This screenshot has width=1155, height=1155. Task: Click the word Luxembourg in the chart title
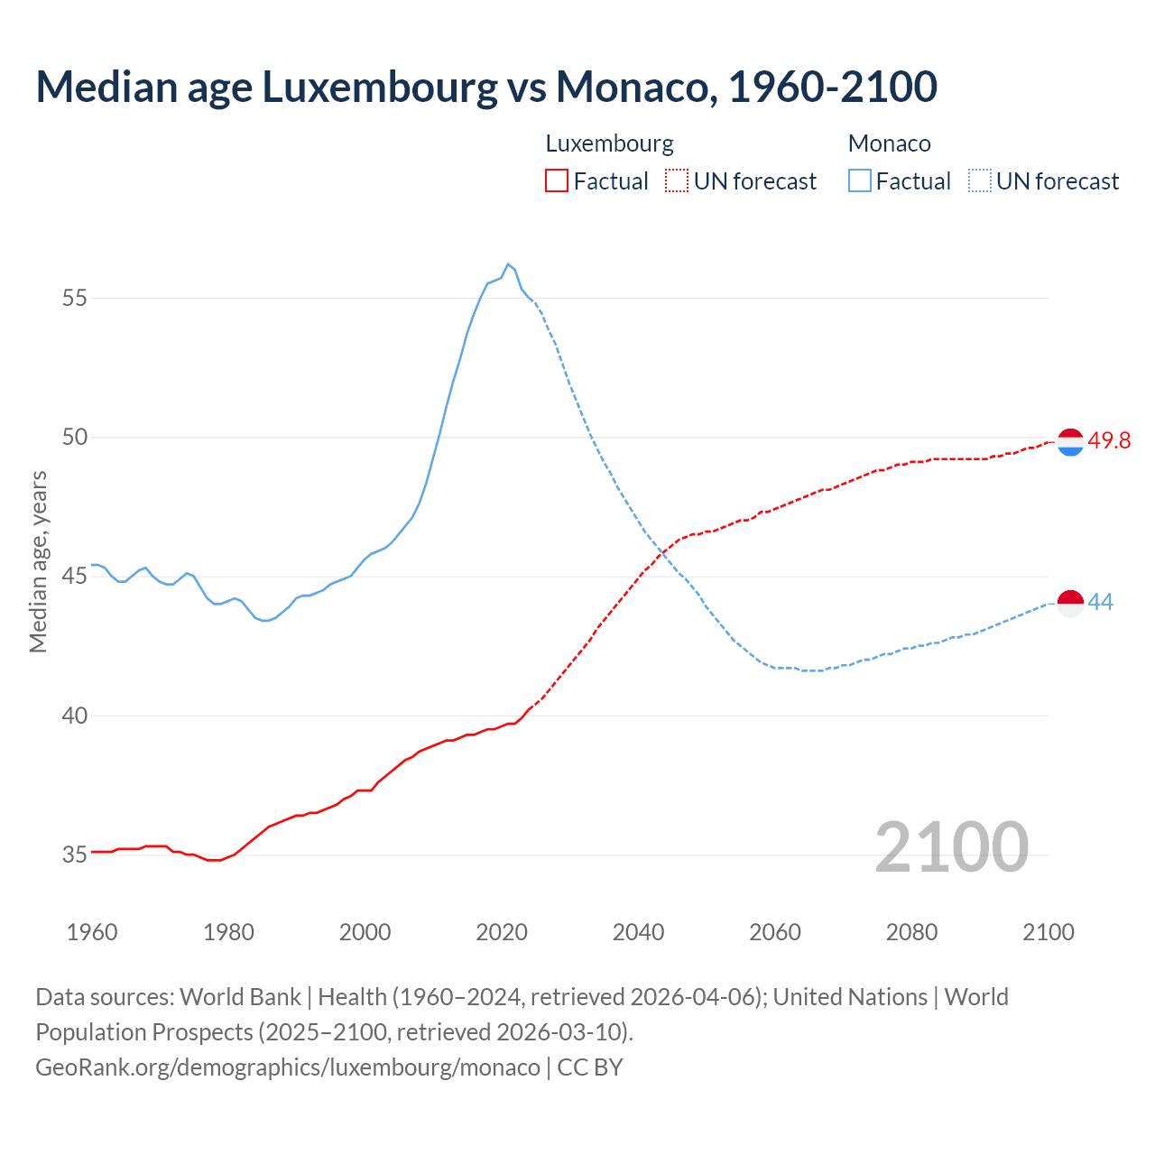[379, 87]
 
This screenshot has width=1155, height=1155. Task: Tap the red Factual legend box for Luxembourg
[557, 180]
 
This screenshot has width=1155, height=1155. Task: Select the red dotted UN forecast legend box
[677, 180]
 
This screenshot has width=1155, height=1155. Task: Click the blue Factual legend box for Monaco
[860, 180]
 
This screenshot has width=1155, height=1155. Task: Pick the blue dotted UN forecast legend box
[979, 180]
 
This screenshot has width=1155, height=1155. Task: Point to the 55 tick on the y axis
[75, 298]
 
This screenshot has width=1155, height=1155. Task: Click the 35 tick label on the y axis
[75, 855]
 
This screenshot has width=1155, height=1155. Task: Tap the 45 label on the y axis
[75, 577]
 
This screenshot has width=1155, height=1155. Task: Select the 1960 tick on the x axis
[92, 932]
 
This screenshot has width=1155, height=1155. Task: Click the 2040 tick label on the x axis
[638, 932]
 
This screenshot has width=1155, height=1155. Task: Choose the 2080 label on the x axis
[911, 932]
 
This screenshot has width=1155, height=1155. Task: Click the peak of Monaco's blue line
[508, 264]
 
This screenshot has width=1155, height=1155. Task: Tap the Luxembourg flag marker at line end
[1070, 442]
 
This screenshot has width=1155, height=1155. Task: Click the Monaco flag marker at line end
[1070, 603]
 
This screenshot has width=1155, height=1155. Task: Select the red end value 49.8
[1109, 440]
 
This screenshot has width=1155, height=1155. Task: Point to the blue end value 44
[1101, 602]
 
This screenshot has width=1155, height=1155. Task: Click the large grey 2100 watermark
[951, 846]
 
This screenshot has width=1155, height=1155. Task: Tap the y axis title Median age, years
[38, 561]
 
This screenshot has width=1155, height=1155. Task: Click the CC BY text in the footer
[590, 1067]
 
